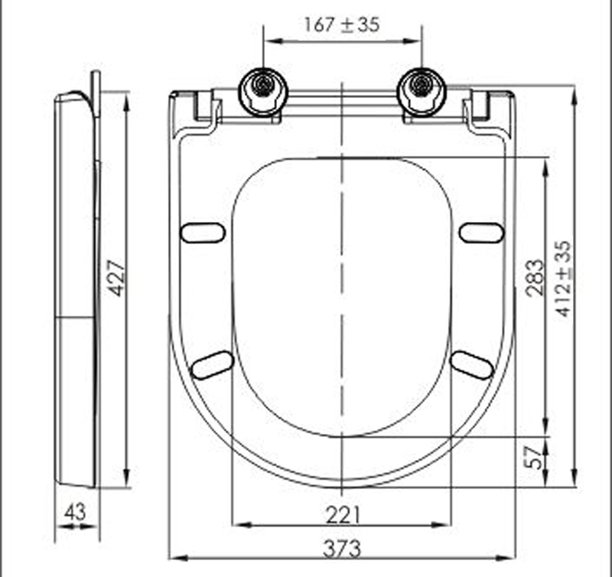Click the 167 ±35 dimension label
[x=341, y=24]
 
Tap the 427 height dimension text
[x=116, y=279]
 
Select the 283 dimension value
[x=535, y=277]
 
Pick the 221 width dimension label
[x=341, y=513]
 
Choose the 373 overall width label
[x=341, y=548]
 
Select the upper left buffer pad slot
[x=203, y=233]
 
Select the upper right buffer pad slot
[x=481, y=233]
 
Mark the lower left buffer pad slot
[x=212, y=365]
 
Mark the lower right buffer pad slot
[x=472, y=365]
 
